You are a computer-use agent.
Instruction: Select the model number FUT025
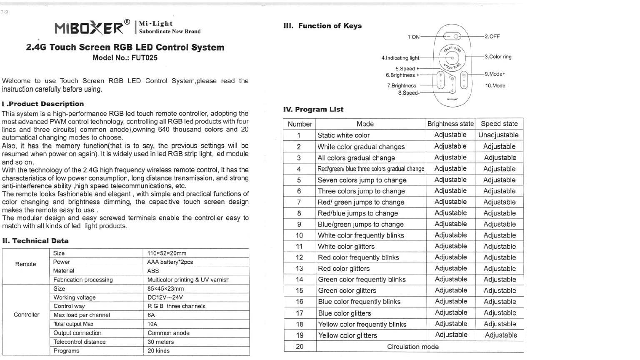coord(145,58)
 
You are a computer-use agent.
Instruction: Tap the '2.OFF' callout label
coord(492,37)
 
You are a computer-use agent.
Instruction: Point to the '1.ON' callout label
coord(413,37)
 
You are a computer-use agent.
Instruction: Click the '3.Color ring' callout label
coord(498,57)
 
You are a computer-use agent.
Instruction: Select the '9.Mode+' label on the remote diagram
coord(495,74)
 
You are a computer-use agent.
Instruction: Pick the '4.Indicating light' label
coord(400,58)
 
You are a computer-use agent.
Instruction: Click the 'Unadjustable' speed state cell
coord(498,135)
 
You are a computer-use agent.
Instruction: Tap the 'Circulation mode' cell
coord(412,347)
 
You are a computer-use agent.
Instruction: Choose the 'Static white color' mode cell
coord(343,135)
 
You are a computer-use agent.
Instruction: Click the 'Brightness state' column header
coord(450,124)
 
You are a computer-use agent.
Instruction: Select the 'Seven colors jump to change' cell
coord(362,180)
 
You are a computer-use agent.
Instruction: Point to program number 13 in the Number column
coord(299,268)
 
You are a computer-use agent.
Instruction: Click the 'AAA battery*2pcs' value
coord(170,262)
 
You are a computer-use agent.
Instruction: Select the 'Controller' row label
coord(27,315)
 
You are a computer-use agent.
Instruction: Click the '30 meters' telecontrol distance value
coord(160,342)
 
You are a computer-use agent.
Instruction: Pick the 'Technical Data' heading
coord(35,241)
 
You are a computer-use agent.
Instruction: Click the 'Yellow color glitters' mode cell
coord(347,335)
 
